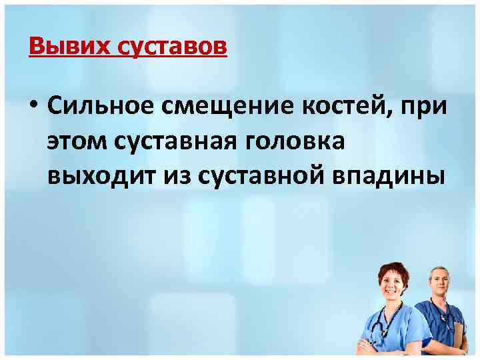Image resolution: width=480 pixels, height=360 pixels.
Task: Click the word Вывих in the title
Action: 61,47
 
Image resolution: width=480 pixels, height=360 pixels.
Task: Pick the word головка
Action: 307,141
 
